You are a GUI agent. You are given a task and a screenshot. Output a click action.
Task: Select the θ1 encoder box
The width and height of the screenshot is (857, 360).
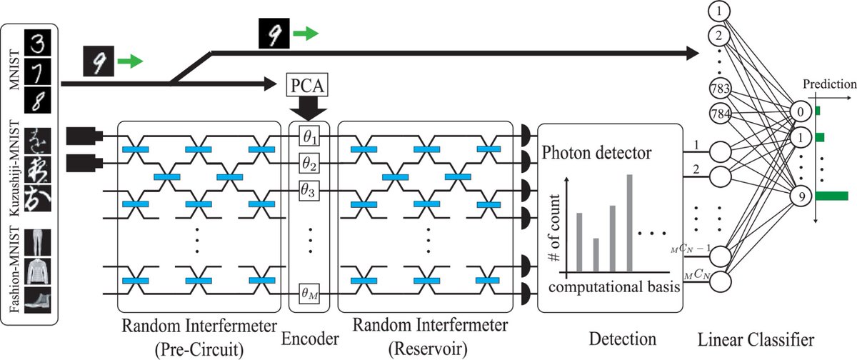[309, 135]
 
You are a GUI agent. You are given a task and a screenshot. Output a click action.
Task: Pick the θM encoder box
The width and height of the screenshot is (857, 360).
[309, 294]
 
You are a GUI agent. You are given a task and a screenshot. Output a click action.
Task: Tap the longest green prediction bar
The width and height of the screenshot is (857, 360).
[831, 195]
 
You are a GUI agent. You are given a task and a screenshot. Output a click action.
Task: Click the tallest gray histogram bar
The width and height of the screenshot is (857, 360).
[630, 223]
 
